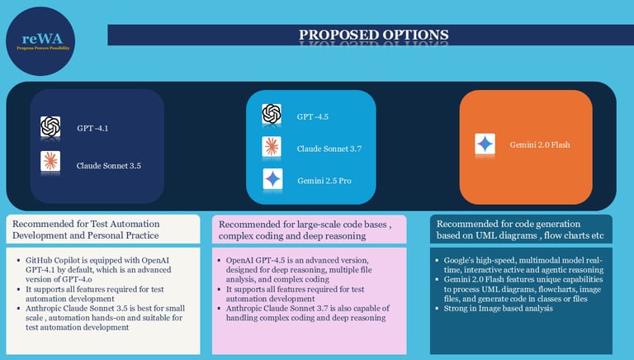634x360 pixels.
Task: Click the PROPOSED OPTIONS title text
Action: [374, 35]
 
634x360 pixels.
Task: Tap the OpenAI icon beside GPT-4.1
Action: [50, 127]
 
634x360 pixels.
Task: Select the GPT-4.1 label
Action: [92, 128]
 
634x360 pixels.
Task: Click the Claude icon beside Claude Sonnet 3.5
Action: [50, 162]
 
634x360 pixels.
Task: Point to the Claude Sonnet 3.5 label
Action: [109, 164]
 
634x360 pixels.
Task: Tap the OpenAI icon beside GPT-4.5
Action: [272, 115]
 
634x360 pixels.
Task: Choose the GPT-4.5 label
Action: [313, 117]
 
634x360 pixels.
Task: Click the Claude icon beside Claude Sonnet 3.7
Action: [272, 147]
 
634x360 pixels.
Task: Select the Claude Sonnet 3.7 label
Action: [330, 149]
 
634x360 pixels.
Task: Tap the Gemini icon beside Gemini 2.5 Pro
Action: [272, 178]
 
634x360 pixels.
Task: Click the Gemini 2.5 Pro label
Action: [324, 180]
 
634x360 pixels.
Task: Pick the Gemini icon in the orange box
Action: [485, 144]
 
